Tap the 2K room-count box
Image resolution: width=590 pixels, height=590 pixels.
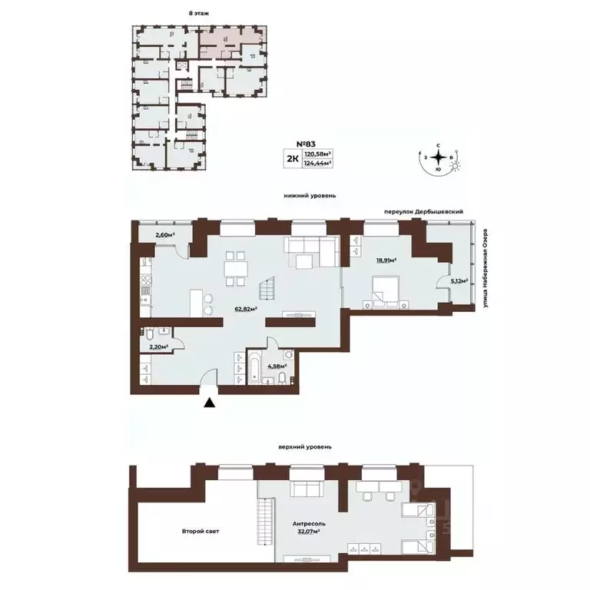pos(293,159)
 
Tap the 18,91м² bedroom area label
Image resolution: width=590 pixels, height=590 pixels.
pos(386,260)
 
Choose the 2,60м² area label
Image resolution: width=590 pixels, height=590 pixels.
pos(164,236)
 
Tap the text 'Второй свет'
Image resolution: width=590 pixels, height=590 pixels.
pos(197,531)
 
